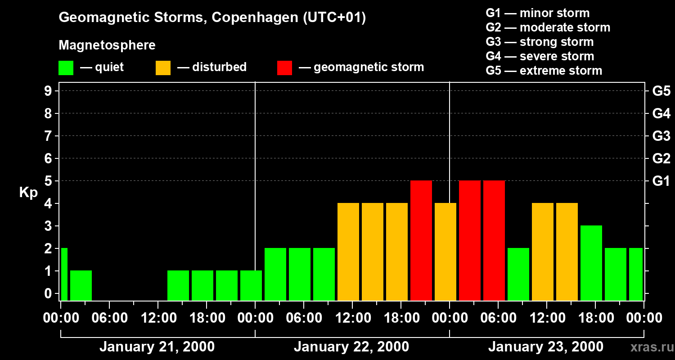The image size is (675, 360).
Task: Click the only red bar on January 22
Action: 421,240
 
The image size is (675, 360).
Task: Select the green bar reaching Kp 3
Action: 591,263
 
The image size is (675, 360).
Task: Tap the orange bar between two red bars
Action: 445,252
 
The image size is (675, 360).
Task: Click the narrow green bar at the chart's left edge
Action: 64,274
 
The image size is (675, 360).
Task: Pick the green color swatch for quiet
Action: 66,67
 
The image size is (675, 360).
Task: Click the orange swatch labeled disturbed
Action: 163,67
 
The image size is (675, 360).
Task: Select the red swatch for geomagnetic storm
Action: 285,67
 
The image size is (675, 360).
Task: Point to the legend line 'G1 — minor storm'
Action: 537,13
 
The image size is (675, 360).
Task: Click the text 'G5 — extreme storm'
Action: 544,71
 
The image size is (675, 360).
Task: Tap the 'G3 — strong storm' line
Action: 540,42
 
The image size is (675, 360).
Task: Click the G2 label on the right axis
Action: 661,158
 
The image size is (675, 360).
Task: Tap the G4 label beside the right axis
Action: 661,113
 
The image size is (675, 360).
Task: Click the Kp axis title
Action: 28,193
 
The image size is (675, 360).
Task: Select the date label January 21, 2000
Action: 157,347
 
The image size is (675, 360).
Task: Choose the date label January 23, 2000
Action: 545,347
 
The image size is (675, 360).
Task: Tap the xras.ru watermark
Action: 652,347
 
